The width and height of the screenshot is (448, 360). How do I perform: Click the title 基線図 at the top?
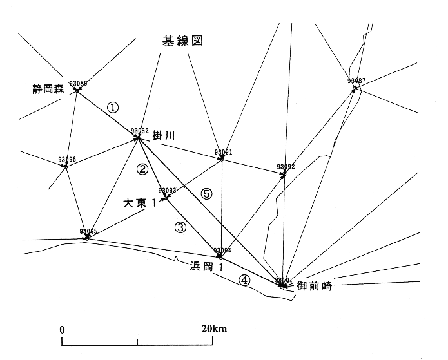click(x=182, y=41)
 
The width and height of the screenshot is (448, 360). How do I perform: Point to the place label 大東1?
click(x=141, y=204)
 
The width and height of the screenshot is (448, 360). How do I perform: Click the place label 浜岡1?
click(x=206, y=265)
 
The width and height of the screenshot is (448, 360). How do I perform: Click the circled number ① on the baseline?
click(x=113, y=108)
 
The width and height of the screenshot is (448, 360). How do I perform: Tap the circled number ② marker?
click(x=142, y=170)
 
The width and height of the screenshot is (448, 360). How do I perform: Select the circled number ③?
click(x=180, y=227)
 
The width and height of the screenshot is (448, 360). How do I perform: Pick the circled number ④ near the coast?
click(x=244, y=280)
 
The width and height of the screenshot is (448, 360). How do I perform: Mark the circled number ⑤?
click(x=206, y=193)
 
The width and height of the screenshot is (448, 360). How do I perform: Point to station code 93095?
click(x=88, y=231)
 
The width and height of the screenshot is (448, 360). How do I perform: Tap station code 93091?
click(x=222, y=153)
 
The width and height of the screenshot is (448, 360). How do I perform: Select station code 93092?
click(x=286, y=167)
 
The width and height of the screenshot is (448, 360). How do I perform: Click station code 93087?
click(x=356, y=81)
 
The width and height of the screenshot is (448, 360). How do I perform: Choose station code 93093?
click(x=167, y=190)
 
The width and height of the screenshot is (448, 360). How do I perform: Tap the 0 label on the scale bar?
click(x=63, y=329)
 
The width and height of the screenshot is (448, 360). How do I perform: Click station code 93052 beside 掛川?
click(x=140, y=131)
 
